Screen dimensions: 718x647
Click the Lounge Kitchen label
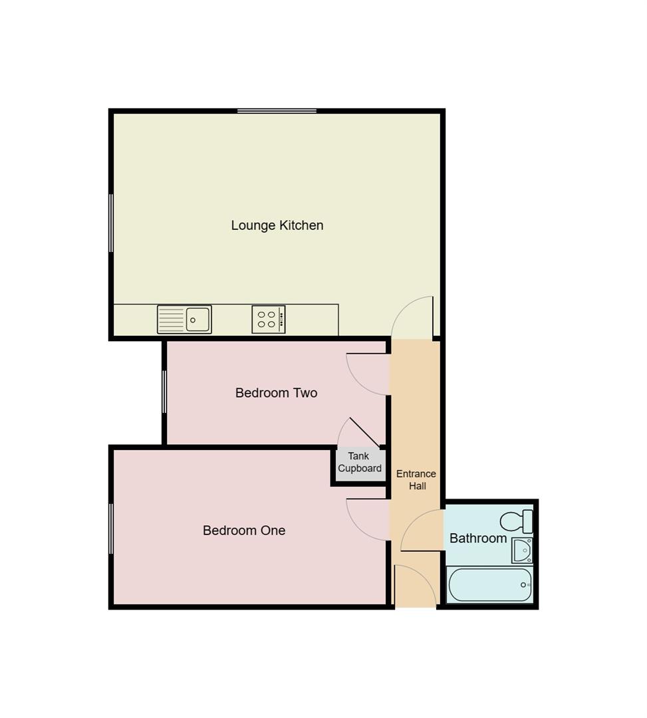click(x=277, y=225)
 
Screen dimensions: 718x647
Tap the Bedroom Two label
click(x=276, y=393)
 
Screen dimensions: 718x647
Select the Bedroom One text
click(x=244, y=531)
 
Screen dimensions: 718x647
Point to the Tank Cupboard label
click(x=359, y=462)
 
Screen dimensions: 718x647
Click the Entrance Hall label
click(x=416, y=479)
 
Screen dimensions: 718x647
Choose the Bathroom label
click(x=478, y=538)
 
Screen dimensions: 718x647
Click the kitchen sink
click(x=184, y=319)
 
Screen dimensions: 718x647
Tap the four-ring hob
click(x=268, y=319)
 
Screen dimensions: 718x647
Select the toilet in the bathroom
click(x=517, y=521)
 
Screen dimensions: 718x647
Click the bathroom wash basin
click(x=522, y=550)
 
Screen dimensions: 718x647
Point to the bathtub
click(x=491, y=584)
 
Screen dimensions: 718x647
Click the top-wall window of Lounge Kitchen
click(x=277, y=111)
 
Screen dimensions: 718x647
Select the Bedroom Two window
click(x=164, y=392)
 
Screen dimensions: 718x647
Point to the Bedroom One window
click(x=111, y=529)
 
